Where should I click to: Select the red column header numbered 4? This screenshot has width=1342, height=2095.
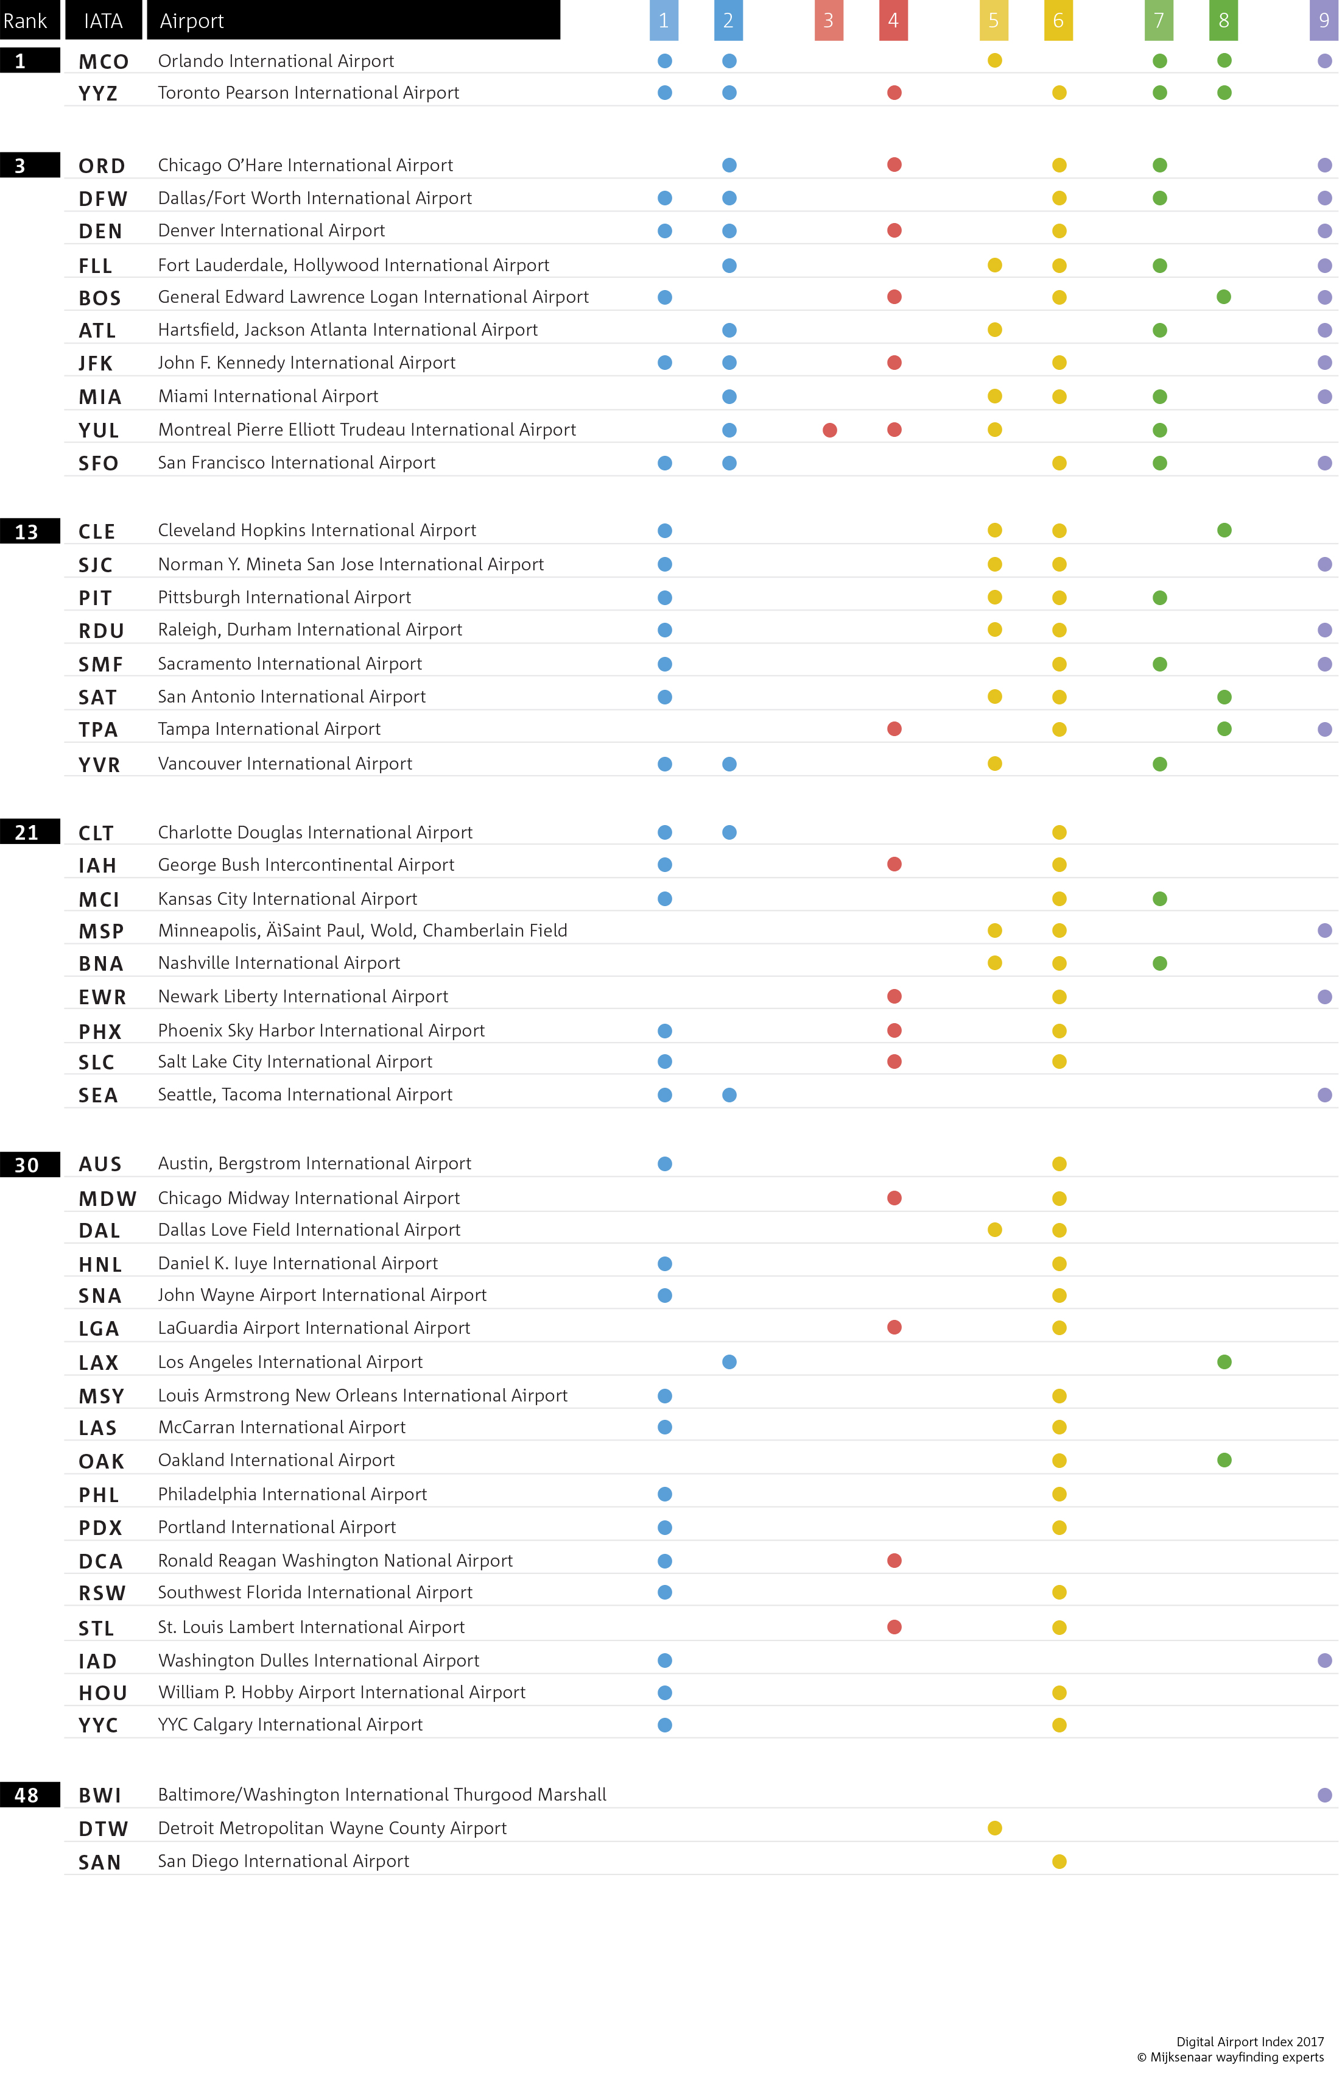click(x=893, y=21)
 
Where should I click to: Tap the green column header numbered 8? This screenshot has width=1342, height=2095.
click(x=1223, y=21)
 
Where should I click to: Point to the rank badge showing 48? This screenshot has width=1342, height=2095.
click(x=28, y=1795)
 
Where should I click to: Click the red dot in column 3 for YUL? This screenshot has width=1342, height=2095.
click(x=829, y=430)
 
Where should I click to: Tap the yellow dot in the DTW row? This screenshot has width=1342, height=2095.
click(x=994, y=1828)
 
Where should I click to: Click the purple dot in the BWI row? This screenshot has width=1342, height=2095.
click(x=1324, y=1795)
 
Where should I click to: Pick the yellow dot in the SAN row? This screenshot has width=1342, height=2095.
click(x=1059, y=1862)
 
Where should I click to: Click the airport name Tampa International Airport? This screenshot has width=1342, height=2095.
click(x=269, y=729)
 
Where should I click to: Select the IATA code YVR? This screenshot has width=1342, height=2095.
click(x=99, y=765)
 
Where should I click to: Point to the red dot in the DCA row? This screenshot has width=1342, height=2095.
click(x=894, y=1561)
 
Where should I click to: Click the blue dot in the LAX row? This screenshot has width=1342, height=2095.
click(x=729, y=1362)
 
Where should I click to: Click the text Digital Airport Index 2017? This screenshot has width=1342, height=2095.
click(x=1249, y=2042)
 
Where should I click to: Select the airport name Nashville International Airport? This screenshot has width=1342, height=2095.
click(x=279, y=963)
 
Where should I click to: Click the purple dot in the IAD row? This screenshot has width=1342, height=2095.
click(x=1324, y=1661)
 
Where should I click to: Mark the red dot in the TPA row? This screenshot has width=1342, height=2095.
click(x=894, y=729)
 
